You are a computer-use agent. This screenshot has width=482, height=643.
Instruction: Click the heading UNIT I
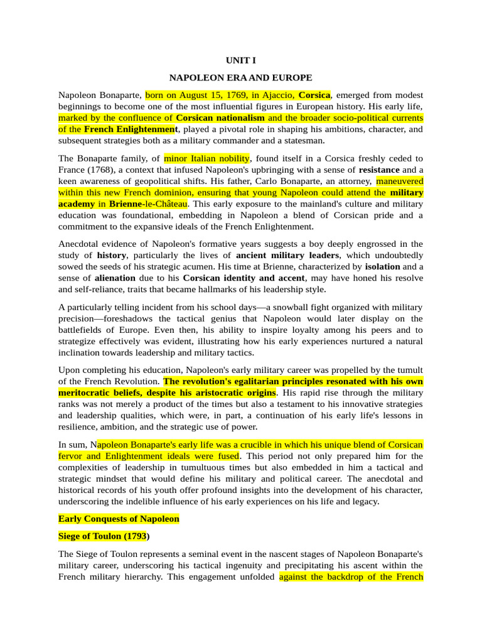pos(241,61)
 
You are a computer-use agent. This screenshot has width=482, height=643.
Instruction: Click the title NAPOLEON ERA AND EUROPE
pos(241,78)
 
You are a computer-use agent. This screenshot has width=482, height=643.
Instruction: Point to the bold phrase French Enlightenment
pos(131,129)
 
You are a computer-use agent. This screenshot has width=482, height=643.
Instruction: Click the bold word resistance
pos(379,170)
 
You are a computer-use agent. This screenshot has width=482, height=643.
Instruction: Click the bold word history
pos(112,256)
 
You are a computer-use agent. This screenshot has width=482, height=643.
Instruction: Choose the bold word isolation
pos(384,267)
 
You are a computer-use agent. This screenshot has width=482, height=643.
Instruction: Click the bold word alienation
pos(115,278)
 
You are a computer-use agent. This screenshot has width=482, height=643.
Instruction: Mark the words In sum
pos(74,445)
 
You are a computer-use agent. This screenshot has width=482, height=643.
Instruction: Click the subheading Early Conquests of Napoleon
pos(119,519)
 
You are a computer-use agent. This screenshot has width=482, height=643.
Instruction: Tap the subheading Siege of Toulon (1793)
pos(104,537)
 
